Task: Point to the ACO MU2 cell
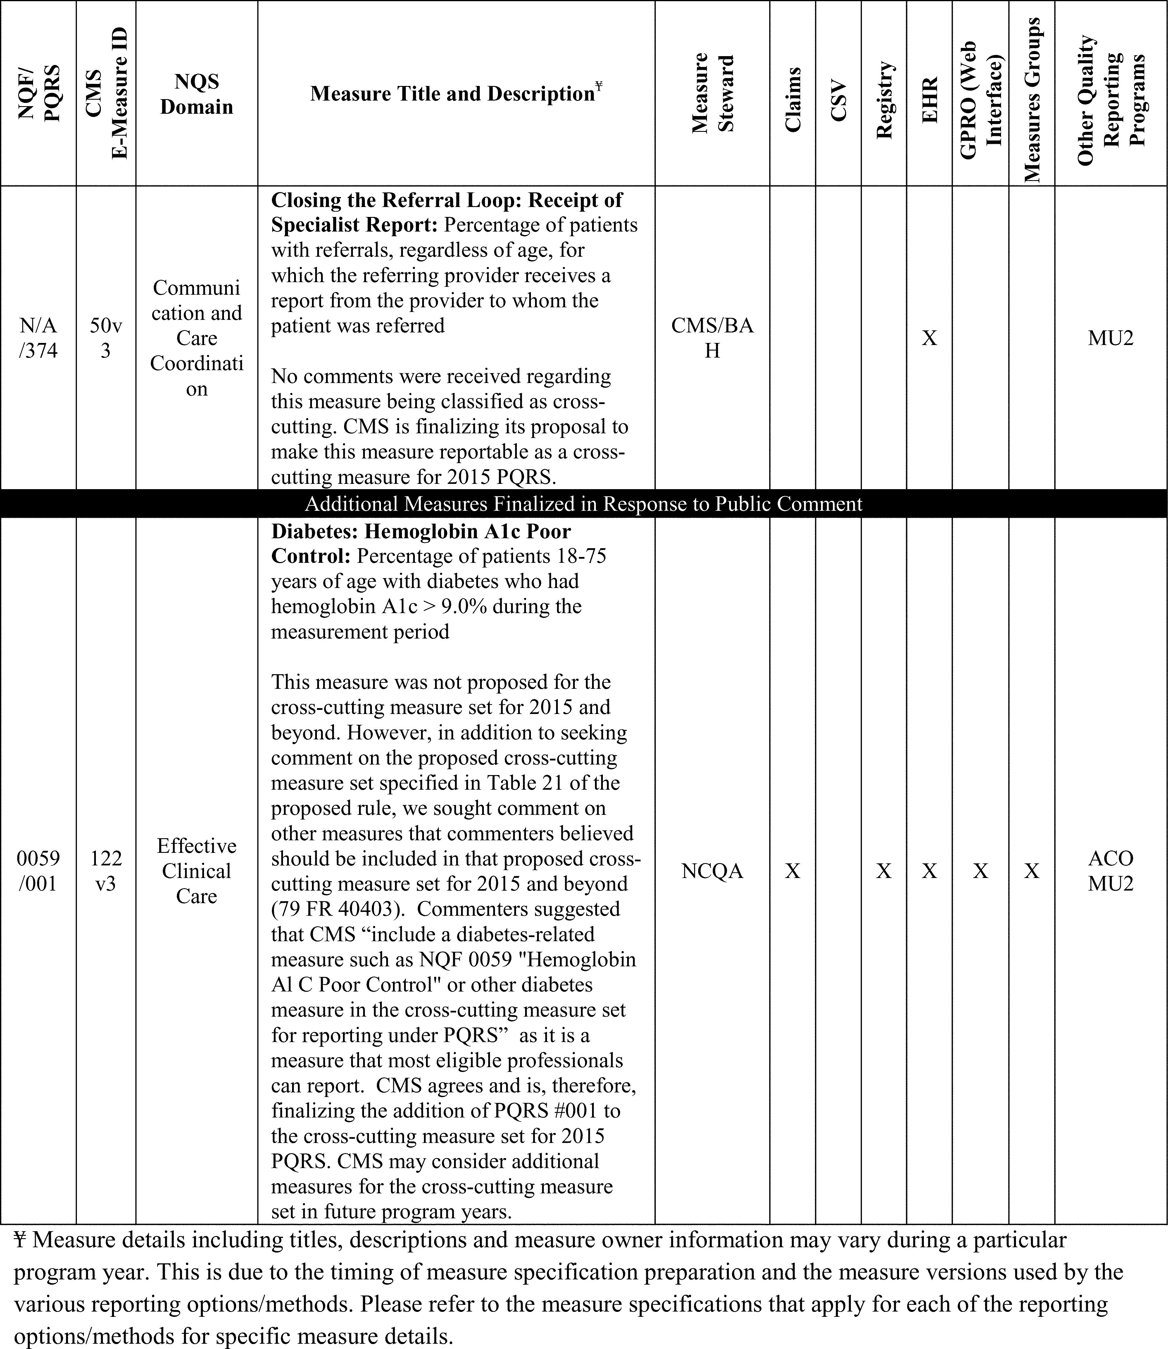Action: (x=1111, y=871)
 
